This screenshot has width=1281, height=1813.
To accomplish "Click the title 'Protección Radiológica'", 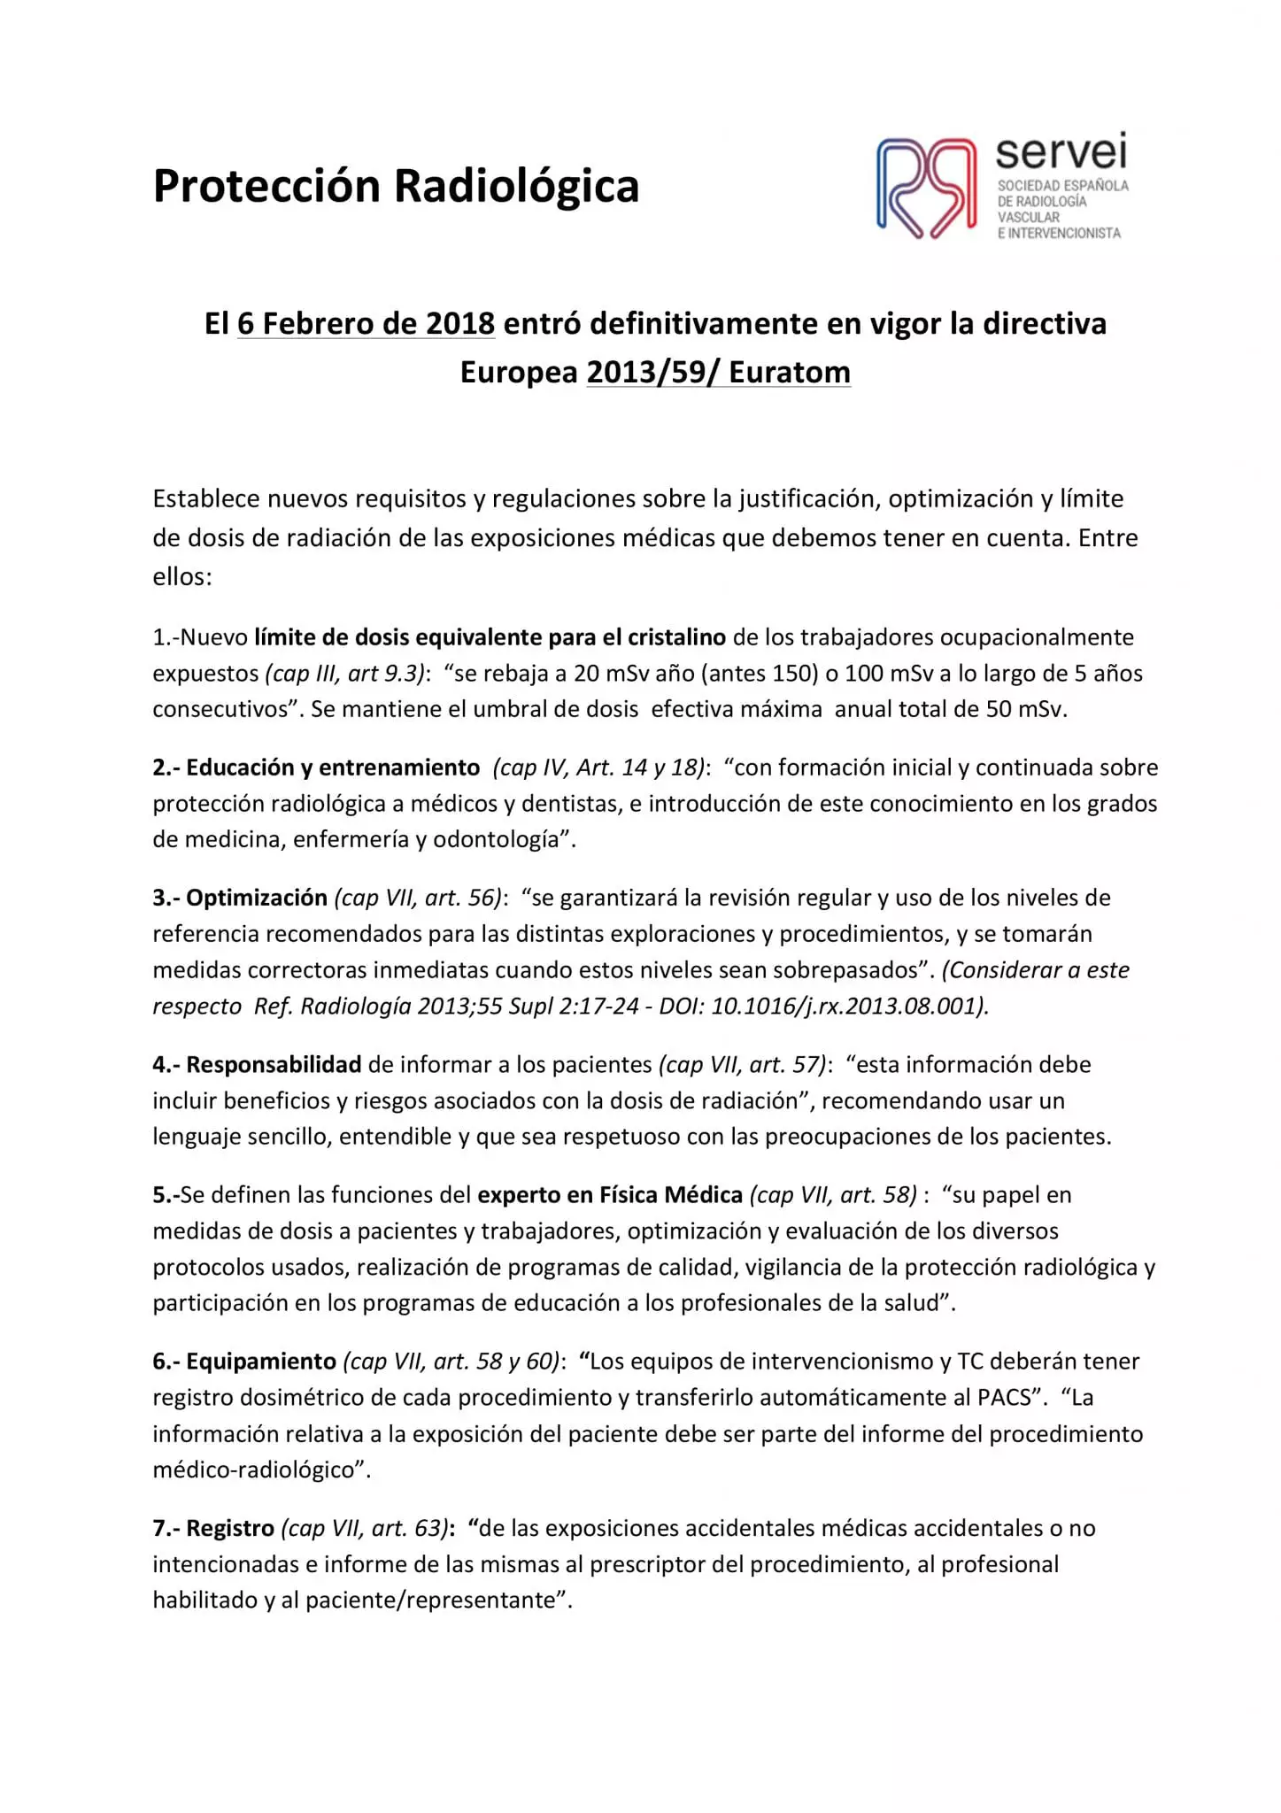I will (396, 186).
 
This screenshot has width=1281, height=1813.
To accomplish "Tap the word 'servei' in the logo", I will (1061, 152).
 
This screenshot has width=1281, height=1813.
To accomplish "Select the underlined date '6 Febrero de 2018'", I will (366, 324).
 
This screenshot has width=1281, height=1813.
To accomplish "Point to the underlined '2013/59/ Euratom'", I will (718, 373).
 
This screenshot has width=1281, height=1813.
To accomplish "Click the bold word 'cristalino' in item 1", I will (676, 637).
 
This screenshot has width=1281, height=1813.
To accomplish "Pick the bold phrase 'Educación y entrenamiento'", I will (333, 768).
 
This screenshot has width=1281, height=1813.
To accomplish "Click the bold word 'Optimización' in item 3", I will (257, 898).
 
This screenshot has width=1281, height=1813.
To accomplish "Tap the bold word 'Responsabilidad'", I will (274, 1064).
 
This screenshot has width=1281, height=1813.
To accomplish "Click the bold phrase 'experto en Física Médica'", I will (610, 1195).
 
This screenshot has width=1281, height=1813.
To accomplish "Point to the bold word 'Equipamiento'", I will (261, 1362).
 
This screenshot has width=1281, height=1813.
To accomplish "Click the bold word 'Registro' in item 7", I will (230, 1528).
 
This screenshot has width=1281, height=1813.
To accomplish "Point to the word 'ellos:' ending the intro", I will (182, 577).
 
